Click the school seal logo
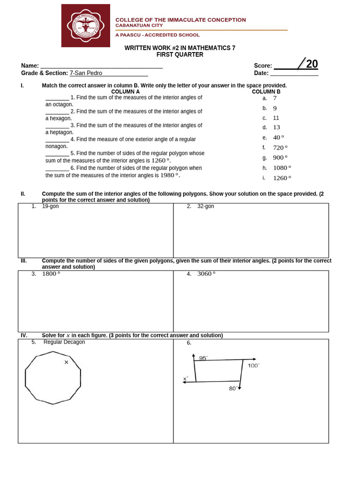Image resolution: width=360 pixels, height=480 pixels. [85, 25]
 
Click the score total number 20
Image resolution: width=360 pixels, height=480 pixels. [312, 64]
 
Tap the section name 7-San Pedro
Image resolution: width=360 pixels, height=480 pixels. [86, 73]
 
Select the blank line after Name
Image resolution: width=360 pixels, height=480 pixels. [101, 66]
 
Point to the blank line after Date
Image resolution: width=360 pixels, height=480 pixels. [294, 73]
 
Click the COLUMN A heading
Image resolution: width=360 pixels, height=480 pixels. [125, 92]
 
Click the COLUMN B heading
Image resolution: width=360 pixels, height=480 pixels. [266, 92]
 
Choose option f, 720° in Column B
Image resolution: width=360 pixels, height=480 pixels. [278, 148]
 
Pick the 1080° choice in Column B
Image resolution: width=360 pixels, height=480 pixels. [282, 168]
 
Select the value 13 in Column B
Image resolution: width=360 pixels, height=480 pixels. [277, 127]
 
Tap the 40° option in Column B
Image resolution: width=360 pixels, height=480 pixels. [278, 137]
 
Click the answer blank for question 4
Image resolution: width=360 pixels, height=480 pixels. [57, 140]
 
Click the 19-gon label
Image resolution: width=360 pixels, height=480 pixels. [51, 206]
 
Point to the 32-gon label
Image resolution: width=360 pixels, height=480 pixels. [206, 206]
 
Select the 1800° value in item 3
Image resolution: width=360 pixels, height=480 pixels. [51, 274]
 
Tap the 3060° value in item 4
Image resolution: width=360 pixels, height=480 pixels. [206, 274]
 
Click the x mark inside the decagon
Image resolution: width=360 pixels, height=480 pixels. [66, 362]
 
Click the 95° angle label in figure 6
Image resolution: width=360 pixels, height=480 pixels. [203, 358]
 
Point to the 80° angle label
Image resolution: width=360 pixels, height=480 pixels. [232, 389]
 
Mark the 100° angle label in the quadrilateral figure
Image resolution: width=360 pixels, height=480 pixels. [253, 366]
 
